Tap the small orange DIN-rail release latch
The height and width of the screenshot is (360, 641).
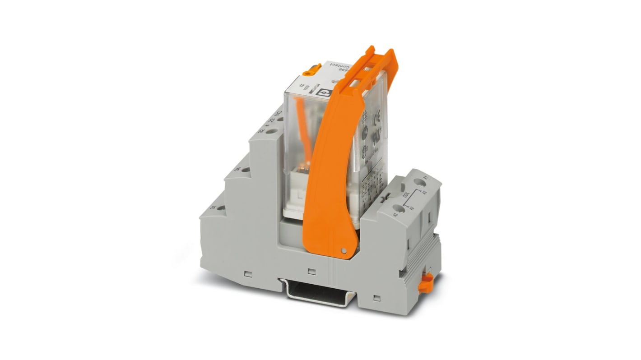point(425,283)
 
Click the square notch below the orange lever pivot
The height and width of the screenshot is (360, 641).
point(311,272)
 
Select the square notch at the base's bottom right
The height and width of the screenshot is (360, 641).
point(377,298)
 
